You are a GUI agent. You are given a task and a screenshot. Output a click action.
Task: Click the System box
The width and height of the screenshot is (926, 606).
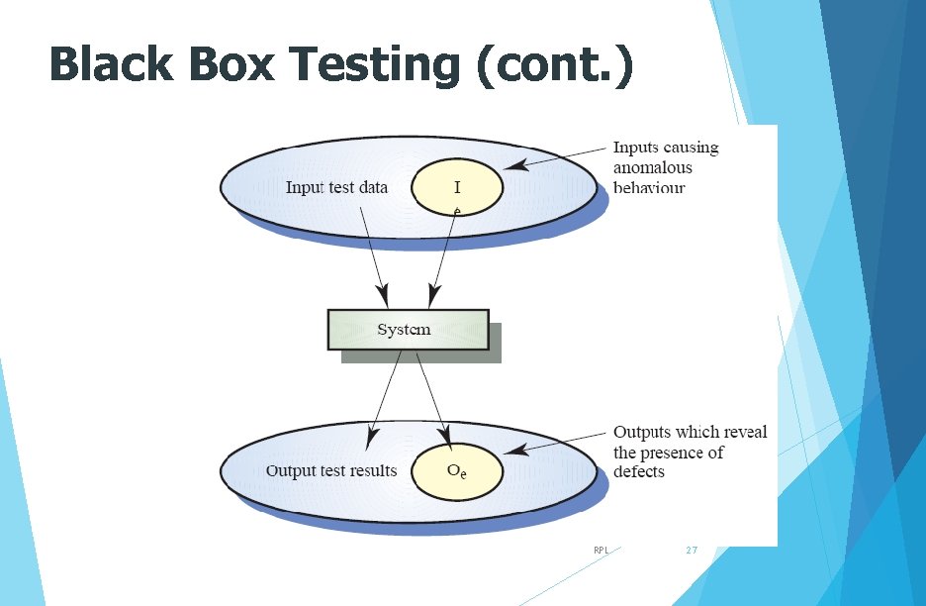coord(407,330)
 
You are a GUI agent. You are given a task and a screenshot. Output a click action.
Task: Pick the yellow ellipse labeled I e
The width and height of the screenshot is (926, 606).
coord(457,188)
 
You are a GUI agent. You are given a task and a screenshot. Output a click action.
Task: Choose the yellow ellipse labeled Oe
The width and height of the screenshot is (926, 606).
coord(457,471)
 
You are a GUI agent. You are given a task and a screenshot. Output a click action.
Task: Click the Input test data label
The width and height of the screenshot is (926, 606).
coord(336,187)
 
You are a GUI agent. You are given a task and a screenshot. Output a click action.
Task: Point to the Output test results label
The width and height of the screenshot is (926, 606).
coord(330,470)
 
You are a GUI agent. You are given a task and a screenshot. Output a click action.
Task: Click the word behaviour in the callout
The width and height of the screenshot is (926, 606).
coord(649,186)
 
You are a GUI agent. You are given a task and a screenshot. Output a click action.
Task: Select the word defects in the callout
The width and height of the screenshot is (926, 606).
coord(639,471)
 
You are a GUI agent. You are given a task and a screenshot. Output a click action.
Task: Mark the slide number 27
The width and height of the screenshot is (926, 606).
coord(692,549)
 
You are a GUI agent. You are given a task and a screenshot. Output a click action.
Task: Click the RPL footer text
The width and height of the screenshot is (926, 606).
coord(601,549)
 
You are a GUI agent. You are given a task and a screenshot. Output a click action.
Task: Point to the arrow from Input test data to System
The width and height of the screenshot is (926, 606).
coord(374,252)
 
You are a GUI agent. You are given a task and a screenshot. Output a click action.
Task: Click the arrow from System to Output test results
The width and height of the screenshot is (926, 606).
coord(385,396)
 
